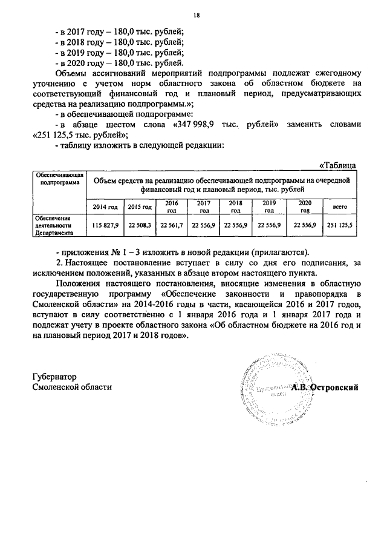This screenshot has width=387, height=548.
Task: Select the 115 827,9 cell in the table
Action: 105,225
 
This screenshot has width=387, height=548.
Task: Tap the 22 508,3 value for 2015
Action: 139,225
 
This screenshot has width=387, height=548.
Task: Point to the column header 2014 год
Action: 105,207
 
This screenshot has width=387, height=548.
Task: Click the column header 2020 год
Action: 305,206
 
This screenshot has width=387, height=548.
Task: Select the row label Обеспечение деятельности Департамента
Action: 53,225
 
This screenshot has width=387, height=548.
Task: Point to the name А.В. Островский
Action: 325,387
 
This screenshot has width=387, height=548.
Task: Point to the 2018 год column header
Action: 238,206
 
